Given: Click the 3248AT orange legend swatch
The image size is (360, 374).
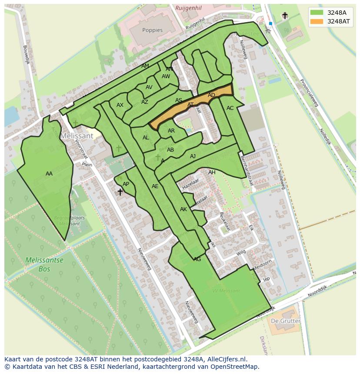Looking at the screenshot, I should point(317,21).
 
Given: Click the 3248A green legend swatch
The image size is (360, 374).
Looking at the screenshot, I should point(317,13).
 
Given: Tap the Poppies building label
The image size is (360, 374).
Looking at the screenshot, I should point(152,30).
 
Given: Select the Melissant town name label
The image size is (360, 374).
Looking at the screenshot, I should point(77,136).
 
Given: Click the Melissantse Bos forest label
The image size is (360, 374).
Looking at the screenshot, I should point(44,265).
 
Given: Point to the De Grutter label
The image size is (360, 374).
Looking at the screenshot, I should point(285,321).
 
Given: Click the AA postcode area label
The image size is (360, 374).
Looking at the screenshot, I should point(49,174).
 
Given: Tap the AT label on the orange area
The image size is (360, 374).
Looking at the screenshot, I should point(190,105).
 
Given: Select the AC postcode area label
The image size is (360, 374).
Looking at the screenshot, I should point(230,108).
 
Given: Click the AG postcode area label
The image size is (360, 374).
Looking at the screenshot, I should point(197,259).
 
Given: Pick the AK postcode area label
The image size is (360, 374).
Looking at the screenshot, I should point(183,209).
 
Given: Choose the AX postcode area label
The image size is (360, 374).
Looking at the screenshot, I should point(120,105).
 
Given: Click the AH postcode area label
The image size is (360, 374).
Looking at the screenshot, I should point(212,172).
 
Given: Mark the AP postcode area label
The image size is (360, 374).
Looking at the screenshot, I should point(126,184).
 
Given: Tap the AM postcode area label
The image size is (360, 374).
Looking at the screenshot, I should point(145,66).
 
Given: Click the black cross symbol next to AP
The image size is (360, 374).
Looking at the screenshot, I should point(120,192).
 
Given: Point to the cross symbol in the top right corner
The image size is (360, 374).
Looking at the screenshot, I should point(285,16).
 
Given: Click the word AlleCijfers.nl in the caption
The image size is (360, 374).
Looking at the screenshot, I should point(227,359).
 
